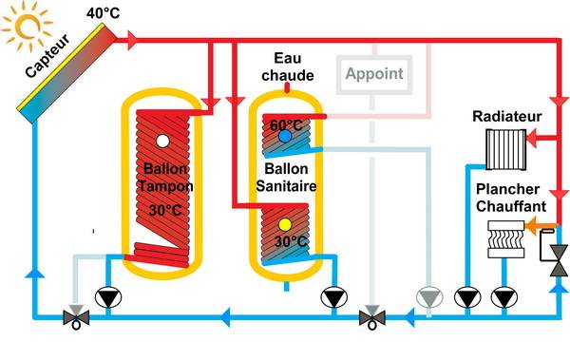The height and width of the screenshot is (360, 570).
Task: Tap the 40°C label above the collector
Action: (105, 12)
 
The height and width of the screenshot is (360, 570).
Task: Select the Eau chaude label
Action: (287, 66)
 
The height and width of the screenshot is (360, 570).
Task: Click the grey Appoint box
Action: (373, 73)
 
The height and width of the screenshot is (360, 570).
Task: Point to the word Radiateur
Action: (506, 117)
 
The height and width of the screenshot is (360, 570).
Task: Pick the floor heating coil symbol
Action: (504, 238)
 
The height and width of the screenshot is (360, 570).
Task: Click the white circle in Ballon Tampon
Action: (163, 142)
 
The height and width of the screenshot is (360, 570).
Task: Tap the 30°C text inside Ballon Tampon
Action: (165, 210)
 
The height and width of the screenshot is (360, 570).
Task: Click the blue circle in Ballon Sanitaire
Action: (285, 137)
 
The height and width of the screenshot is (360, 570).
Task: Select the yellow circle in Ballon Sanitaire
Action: (285, 225)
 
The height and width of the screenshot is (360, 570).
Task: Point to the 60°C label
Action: (284, 123)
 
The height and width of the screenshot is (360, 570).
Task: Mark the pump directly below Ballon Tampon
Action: (111, 296)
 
